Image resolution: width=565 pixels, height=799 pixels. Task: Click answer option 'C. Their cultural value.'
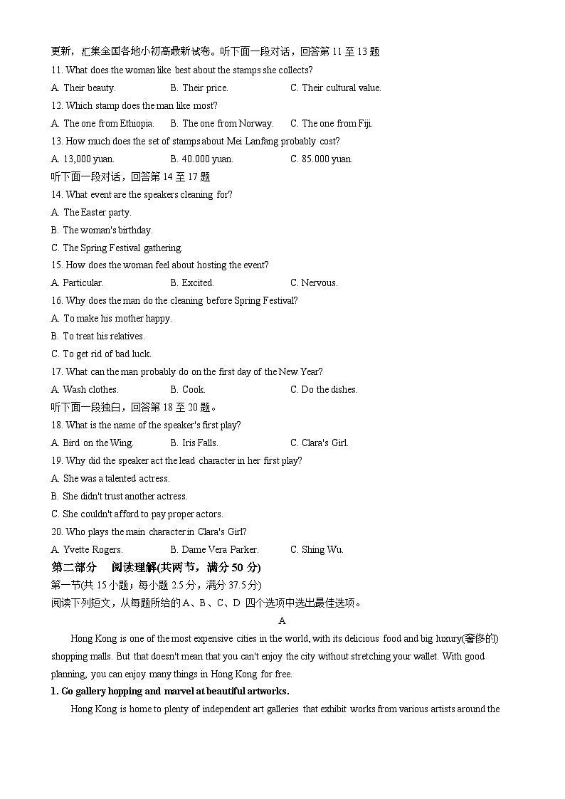pos(335,88)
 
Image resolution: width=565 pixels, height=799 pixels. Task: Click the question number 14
pos(57,195)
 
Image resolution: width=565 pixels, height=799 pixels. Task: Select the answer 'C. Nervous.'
pos(314,283)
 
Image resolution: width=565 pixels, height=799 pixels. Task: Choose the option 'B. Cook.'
pos(188,390)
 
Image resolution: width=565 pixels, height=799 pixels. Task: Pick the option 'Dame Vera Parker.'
pos(214,550)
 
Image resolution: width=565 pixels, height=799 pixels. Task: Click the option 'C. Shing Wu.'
pos(317,550)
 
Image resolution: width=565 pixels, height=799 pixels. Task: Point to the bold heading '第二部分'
pos(74,568)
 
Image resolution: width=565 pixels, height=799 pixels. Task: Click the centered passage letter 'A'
pos(282,621)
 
